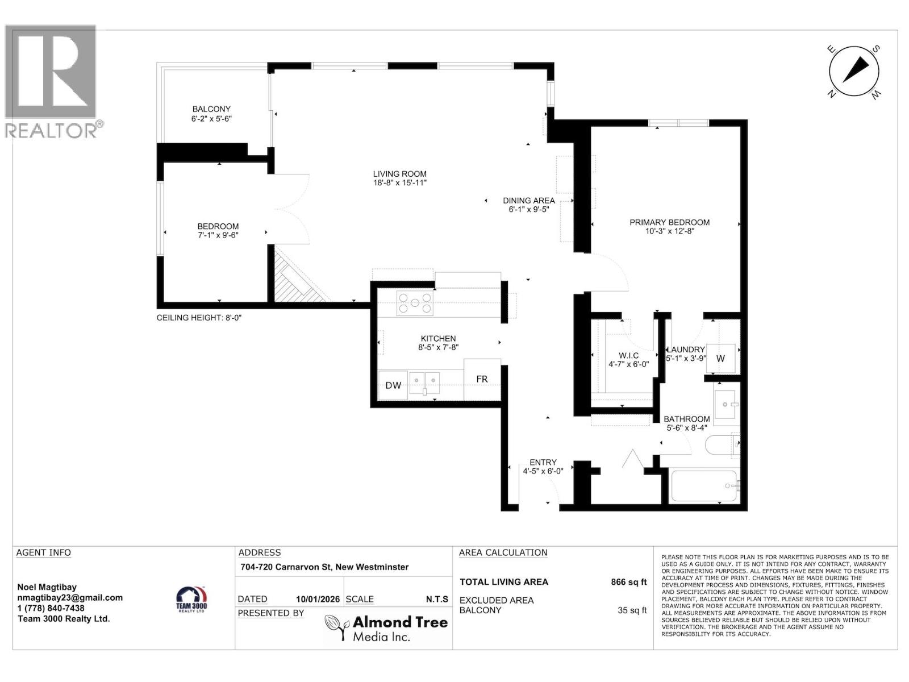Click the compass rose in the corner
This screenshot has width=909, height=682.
(x=854, y=72)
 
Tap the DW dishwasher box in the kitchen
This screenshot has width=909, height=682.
(x=393, y=385)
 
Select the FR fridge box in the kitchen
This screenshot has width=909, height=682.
(x=482, y=379)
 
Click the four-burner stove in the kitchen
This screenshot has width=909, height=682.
(x=415, y=302)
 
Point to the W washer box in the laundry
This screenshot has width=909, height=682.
(x=720, y=359)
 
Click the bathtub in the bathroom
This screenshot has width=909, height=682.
(x=703, y=486)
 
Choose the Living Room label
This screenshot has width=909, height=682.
(x=399, y=174)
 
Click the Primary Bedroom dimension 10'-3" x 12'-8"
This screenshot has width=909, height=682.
(x=669, y=231)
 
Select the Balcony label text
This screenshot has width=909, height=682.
(x=211, y=109)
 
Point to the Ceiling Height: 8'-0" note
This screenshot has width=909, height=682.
(x=199, y=318)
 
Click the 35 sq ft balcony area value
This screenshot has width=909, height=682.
(x=632, y=610)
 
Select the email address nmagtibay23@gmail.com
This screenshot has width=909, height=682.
(x=70, y=597)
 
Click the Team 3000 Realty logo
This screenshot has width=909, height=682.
(x=191, y=599)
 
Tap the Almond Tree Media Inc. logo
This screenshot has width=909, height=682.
(x=386, y=629)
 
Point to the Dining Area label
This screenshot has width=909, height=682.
(x=528, y=201)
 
